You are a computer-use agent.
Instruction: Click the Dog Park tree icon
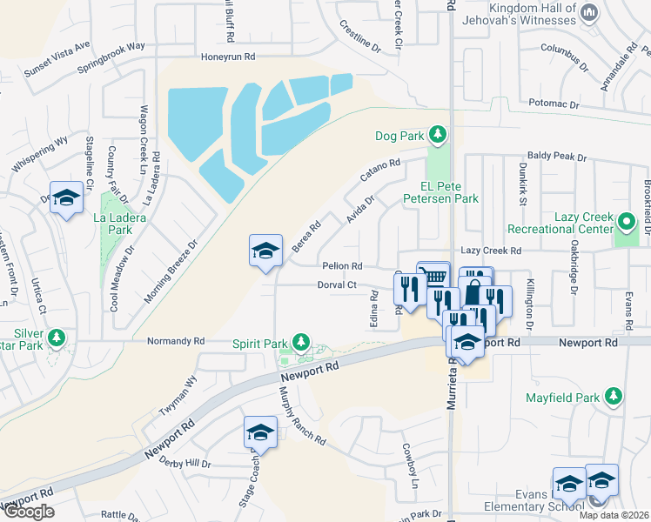tap(440, 135)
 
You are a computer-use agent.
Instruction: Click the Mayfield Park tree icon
tap(614, 398)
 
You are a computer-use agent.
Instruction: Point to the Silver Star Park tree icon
tap(57, 336)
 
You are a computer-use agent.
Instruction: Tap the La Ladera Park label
tap(113, 224)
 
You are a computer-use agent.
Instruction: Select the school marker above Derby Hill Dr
tap(260, 432)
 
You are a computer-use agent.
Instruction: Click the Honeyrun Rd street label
tap(228, 57)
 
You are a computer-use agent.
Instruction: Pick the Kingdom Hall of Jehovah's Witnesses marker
tap(590, 12)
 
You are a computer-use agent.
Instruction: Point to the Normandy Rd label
tap(176, 341)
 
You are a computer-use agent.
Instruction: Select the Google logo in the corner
tap(28, 512)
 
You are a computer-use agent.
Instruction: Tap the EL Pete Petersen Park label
tap(441, 192)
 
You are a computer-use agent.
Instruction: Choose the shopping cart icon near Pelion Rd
tap(433, 277)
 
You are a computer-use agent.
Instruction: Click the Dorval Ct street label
tap(337, 284)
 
